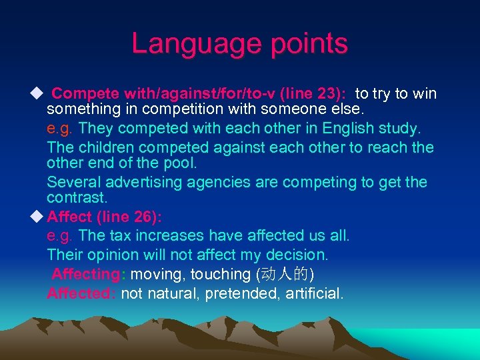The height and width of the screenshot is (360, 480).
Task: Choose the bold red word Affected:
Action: (81, 293)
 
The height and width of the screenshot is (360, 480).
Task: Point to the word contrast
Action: (77, 198)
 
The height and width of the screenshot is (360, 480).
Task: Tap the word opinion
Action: (115, 255)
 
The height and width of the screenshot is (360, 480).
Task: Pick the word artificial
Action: (312, 293)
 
